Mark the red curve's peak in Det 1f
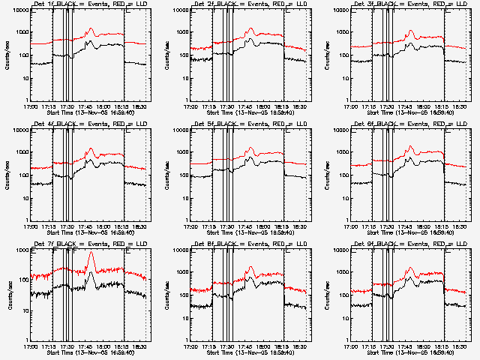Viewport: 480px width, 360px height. [91, 29]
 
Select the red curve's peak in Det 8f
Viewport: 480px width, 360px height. [251, 268]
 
